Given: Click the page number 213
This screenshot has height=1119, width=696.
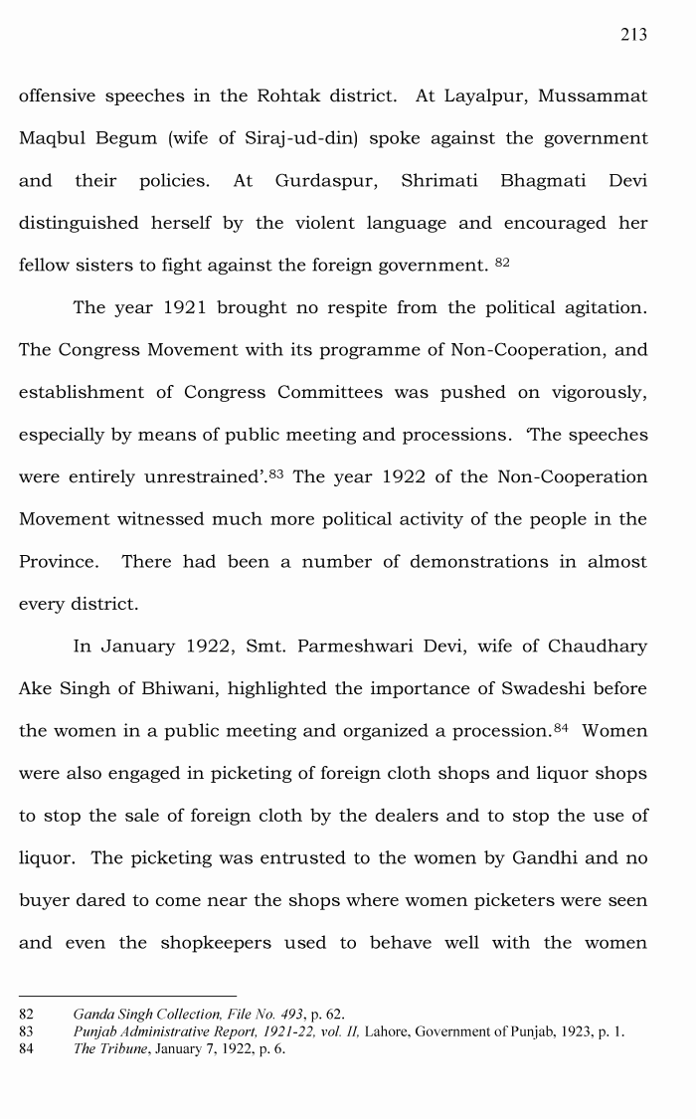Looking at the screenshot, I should pyautogui.click(x=633, y=35).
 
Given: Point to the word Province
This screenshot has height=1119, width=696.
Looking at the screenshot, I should pyautogui.click(x=59, y=562).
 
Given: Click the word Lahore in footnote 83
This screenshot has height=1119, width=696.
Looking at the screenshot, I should pyautogui.click(x=385, y=1032).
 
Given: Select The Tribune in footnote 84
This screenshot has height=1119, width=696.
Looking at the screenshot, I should pyautogui.click(x=107, y=1049).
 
